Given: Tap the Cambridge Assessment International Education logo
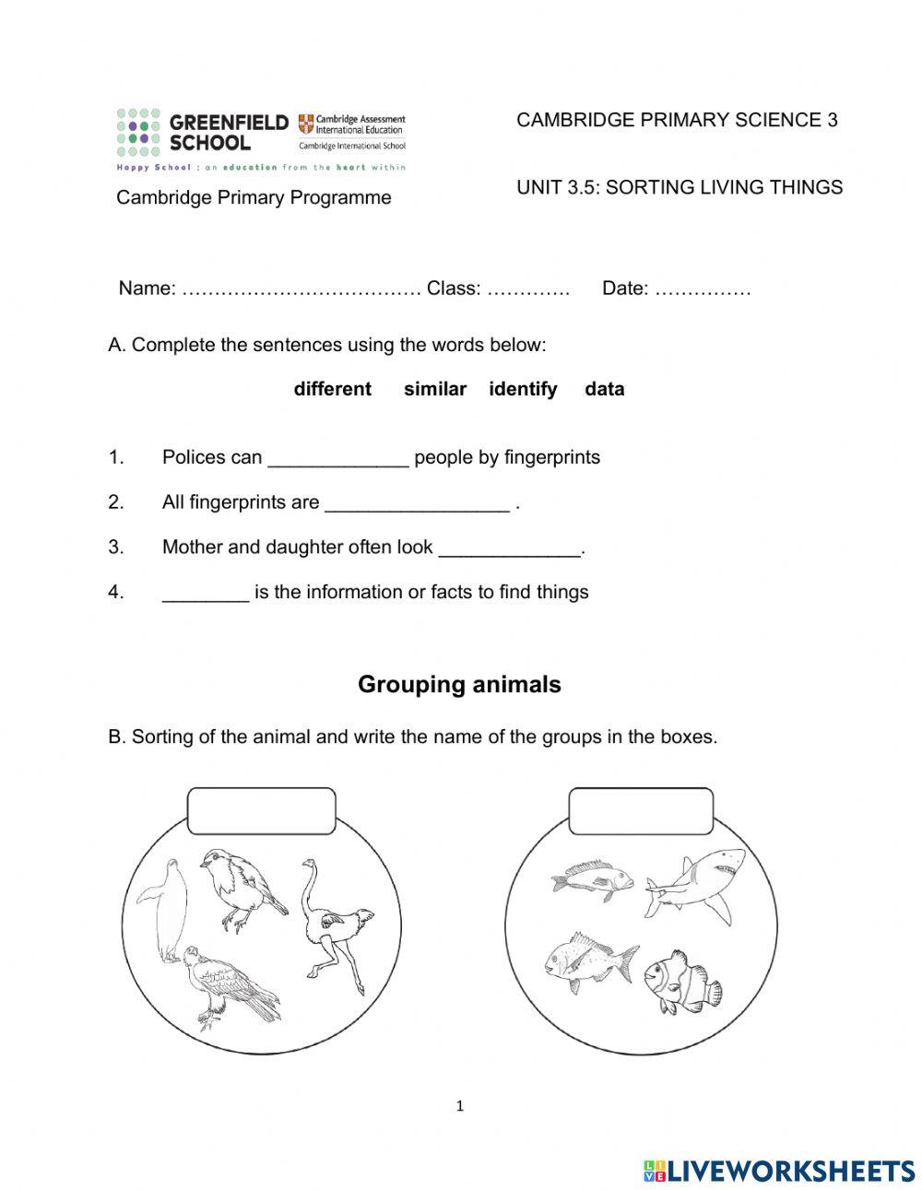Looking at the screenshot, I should click(x=351, y=132).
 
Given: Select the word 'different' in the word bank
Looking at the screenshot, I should click(x=332, y=389).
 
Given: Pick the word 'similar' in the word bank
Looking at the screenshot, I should click(x=434, y=389).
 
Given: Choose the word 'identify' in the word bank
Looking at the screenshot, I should click(x=523, y=389).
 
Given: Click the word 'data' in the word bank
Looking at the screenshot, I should click(x=604, y=389).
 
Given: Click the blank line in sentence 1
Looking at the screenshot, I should click(x=337, y=459).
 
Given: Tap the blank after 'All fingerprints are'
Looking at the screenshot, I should click(x=417, y=504).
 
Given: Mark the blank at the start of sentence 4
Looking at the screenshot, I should click(x=205, y=594).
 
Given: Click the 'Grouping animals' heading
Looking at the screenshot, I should click(x=459, y=685).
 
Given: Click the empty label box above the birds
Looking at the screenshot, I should click(x=261, y=811).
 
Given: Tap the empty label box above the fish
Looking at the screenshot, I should click(x=641, y=811).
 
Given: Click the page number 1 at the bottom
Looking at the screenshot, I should click(x=459, y=1106).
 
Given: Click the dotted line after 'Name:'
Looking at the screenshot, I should click(x=301, y=289).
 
